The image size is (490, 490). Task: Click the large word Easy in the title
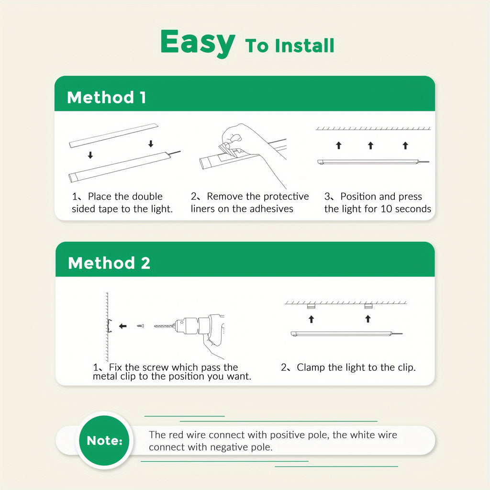[198, 43]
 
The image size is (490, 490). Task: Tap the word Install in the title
[305, 45]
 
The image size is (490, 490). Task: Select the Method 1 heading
[106, 97]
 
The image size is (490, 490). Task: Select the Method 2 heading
[109, 263]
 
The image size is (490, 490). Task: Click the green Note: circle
[104, 440]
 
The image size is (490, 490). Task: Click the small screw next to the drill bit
[141, 326]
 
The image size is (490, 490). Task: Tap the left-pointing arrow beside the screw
[123, 326]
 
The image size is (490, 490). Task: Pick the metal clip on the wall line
[109, 325]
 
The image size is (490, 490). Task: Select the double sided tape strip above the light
[114, 135]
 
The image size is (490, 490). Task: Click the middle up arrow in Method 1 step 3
[371, 145]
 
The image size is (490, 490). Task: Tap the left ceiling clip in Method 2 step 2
[311, 306]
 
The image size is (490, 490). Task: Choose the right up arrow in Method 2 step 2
[368, 319]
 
